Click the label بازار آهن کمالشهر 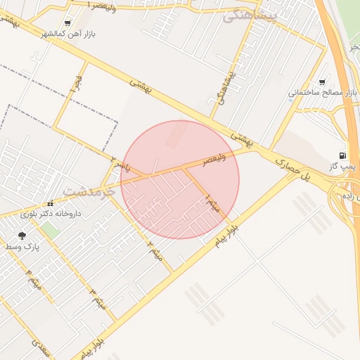66,34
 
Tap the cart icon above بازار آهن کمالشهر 67,23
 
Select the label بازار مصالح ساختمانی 323,93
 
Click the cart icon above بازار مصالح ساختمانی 323,82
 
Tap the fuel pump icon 342,155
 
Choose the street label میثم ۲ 155,250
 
